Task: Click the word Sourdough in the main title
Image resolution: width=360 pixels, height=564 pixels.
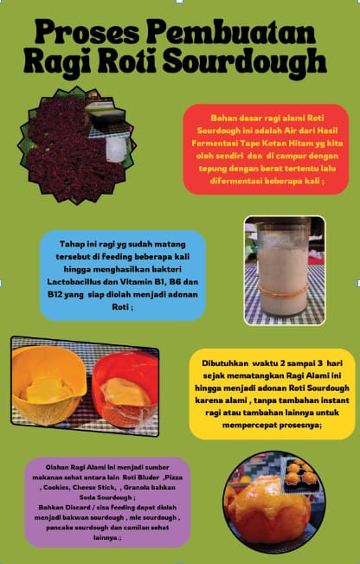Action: click(x=244, y=61)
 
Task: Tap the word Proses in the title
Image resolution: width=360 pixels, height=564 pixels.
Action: click(x=87, y=32)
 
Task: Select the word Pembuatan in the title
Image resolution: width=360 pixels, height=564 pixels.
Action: click(x=231, y=32)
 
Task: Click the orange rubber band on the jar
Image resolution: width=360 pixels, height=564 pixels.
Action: click(x=283, y=291)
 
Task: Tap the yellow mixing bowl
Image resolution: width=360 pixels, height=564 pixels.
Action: click(x=48, y=385)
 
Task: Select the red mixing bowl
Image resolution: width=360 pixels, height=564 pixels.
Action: click(x=125, y=389)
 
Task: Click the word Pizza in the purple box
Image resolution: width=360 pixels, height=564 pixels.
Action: click(x=174, y=477)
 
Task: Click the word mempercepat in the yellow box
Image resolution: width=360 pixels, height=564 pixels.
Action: click(x=245, y=425)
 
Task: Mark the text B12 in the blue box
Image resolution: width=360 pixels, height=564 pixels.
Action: click(x=55, y=294)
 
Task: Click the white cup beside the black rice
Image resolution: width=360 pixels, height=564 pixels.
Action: click(x=117, y=149)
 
